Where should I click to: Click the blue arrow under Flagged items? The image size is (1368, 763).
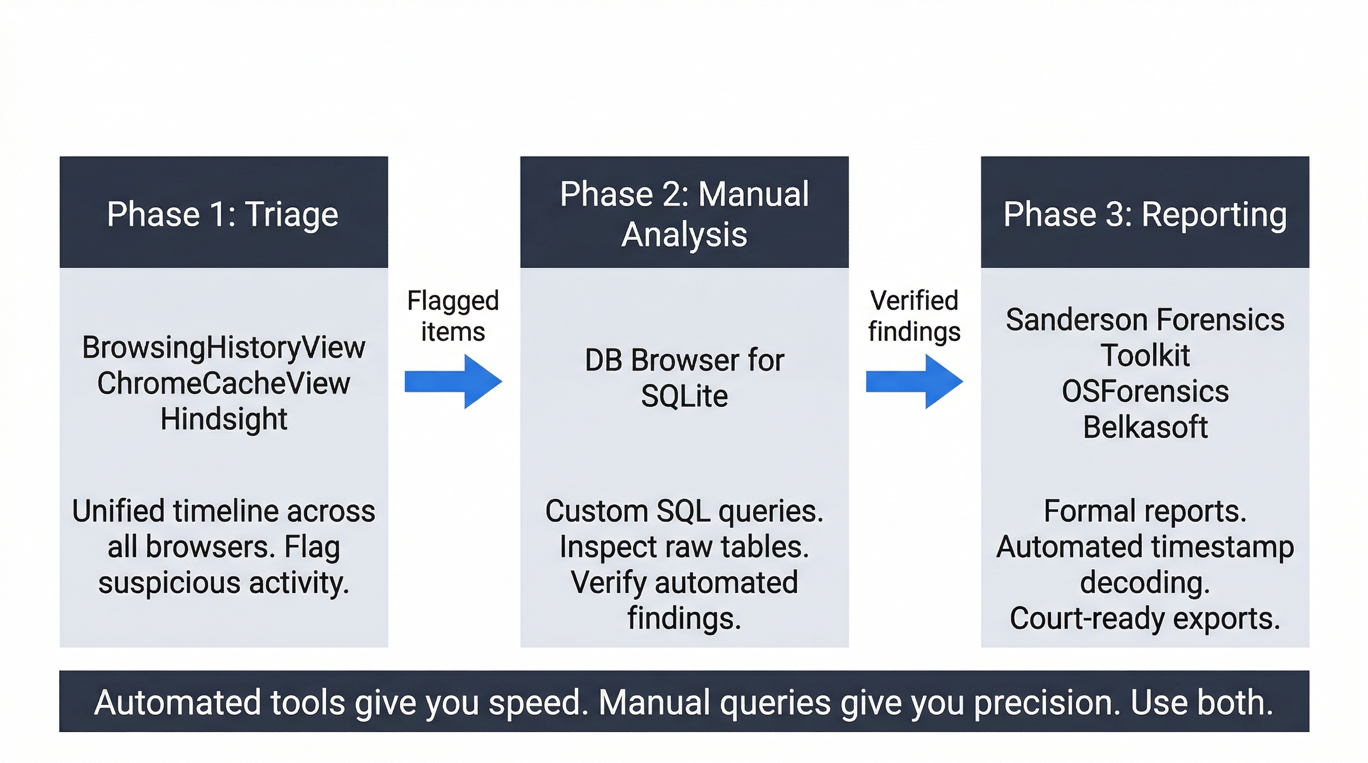(453, 381)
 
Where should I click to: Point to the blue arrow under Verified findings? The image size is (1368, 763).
(914, 381)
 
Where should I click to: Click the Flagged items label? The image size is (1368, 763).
(453, 316)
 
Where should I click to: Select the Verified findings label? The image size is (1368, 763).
(914, 316)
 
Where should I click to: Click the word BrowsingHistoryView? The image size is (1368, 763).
(224, 348)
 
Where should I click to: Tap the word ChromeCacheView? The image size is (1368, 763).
(224, 383)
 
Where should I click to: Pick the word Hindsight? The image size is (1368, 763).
(224, 419)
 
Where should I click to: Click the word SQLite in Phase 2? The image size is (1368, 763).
(684, 396)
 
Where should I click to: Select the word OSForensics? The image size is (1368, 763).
(1145, 391)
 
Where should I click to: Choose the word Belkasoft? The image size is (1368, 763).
(1145, 427)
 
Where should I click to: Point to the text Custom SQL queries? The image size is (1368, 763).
(684, 511)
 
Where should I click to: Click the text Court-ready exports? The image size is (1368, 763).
(1145, 618)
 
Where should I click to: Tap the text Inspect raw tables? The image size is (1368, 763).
(684, 547)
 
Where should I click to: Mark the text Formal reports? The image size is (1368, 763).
(1145, 511)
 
